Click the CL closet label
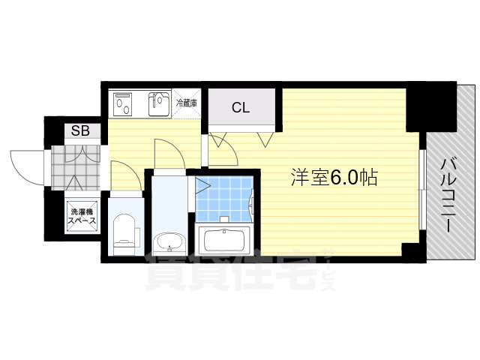(240, 107)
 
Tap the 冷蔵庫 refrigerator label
(187, 103)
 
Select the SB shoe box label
(79, 131)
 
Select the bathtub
(224, 241)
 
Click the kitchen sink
(159, 104)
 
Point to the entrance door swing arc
(26, 165)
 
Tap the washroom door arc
(169, 154)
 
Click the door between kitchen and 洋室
(223, 150)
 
